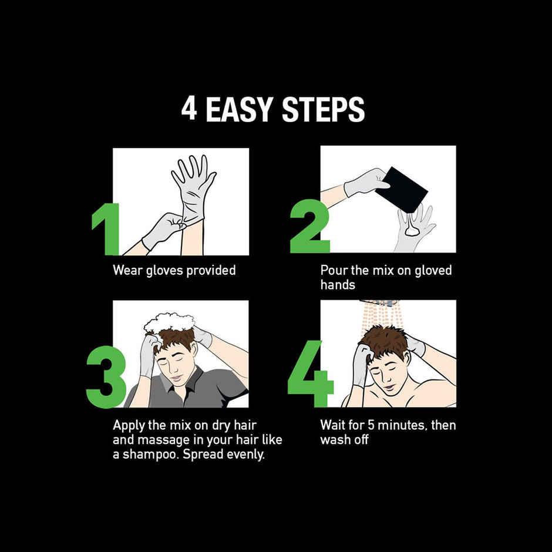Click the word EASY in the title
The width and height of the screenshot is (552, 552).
(239, 109)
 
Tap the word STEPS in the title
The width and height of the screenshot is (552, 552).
(323, 109)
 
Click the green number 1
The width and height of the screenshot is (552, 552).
(106, 229)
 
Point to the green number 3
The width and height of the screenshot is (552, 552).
(106, 376)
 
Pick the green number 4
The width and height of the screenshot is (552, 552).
(310, 373)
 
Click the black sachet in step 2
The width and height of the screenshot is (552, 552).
(401, 190)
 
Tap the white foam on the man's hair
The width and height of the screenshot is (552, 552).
(169, 322)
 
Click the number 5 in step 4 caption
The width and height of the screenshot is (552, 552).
(371, 425)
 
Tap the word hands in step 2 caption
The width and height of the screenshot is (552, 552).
(338, 284)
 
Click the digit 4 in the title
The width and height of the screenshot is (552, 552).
(189, 109)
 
